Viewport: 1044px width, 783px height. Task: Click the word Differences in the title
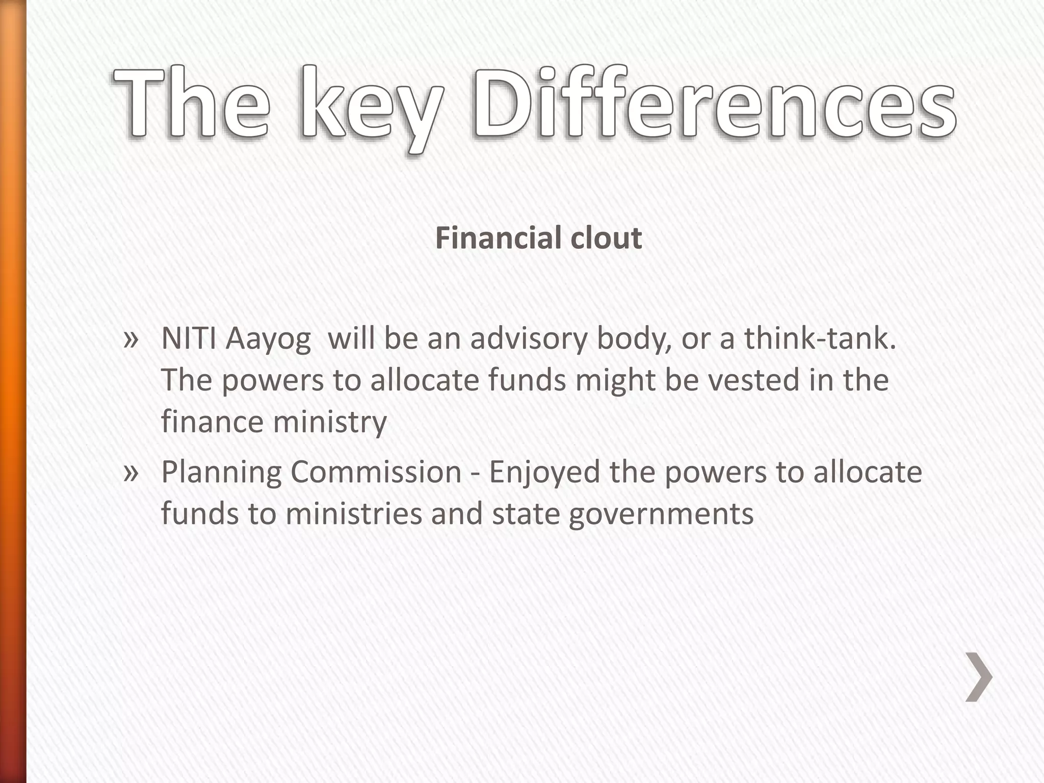point(714,105)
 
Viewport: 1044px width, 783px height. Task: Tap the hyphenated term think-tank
point(820,338)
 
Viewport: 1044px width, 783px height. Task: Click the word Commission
point(376,472)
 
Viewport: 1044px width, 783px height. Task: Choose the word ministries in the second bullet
point(354,513)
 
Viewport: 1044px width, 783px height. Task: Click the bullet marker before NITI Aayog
point(131,339)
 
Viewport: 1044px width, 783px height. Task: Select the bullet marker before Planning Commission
point(131,473)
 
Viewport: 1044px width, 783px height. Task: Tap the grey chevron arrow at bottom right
point(979,677)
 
